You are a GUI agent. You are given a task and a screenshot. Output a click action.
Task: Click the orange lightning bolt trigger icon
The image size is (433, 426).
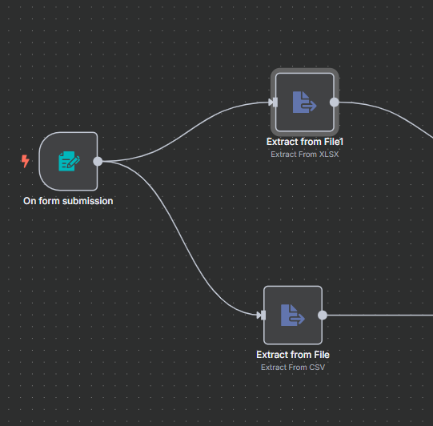(x=26, y=161)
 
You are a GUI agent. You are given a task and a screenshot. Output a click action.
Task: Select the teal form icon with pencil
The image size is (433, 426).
(x=69, y=161)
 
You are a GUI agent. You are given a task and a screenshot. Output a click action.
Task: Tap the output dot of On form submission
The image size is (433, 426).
(x=98, y=161)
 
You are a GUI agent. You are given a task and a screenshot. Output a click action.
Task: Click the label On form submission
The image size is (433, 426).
(x=68, y=201)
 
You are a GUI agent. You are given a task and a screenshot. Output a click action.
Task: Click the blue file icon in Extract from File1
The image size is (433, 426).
(x=305, y=102)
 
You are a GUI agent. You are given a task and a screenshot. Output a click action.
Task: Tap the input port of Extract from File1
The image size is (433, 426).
(x=275, y=102)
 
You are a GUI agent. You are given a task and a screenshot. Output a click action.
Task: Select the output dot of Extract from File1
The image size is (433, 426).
(x=335, y=102)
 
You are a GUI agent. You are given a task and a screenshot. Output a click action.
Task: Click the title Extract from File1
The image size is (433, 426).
(x=305, y=142)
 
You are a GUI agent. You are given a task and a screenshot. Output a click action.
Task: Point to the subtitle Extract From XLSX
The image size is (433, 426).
(x=305, y=155)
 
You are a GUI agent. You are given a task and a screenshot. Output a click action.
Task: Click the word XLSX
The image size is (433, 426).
(x=329, y=155)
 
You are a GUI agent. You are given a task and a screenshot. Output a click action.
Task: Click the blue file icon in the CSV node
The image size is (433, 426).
(x=293, y=315)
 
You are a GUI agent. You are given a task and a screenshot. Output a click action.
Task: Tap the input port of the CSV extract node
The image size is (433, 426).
(x=263, y=315)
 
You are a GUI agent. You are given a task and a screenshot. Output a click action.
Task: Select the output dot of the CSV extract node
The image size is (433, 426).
(x=323, y=315)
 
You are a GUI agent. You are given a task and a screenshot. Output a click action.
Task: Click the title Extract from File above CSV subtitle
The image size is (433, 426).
(x=293, y=355)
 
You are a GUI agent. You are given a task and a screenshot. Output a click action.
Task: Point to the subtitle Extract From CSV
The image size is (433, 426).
(x=293, y=368)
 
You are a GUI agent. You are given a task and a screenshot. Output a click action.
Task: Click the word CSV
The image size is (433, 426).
(x=317, y=368)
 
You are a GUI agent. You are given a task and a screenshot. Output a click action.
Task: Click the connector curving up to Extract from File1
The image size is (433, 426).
(x=186, y=132)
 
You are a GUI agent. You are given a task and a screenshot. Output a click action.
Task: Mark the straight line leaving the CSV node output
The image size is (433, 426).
(x=380, y=315)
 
